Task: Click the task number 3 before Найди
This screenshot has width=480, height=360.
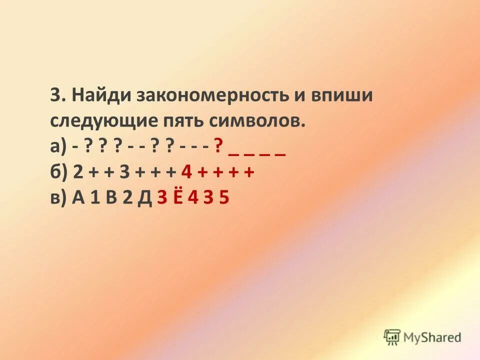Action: tap(55, 95)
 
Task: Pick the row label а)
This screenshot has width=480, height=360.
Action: tap(58, 147)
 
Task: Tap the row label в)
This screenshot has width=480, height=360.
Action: tap(58, 198)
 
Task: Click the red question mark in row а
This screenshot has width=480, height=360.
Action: tap(218, 147)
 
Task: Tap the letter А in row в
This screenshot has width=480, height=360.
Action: tap(78, 198)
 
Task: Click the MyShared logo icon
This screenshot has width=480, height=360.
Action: tap(392, 337)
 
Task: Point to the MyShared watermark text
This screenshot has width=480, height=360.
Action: tap(433, 337)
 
